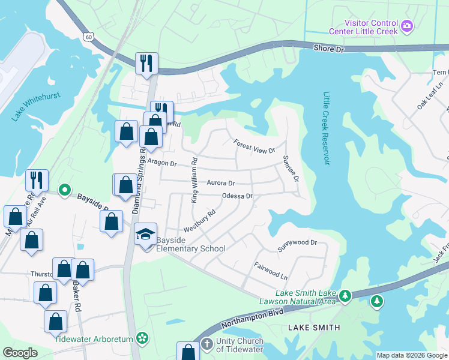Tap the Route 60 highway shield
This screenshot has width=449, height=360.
(89, 37)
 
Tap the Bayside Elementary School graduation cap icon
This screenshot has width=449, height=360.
(145, 235)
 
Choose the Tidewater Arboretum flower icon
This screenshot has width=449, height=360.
(142, 338)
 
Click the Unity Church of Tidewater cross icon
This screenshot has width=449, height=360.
(206, 344)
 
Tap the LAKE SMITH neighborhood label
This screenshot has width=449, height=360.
(314, 328)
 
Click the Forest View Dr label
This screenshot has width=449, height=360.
(255, 146)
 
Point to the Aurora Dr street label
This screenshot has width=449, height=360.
(220, 183)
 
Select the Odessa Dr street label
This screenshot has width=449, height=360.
(237, 196)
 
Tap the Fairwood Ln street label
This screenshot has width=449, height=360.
(271, 271)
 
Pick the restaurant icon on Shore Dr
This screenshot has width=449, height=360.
(146, 63)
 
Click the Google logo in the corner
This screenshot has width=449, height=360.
(20, 352)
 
